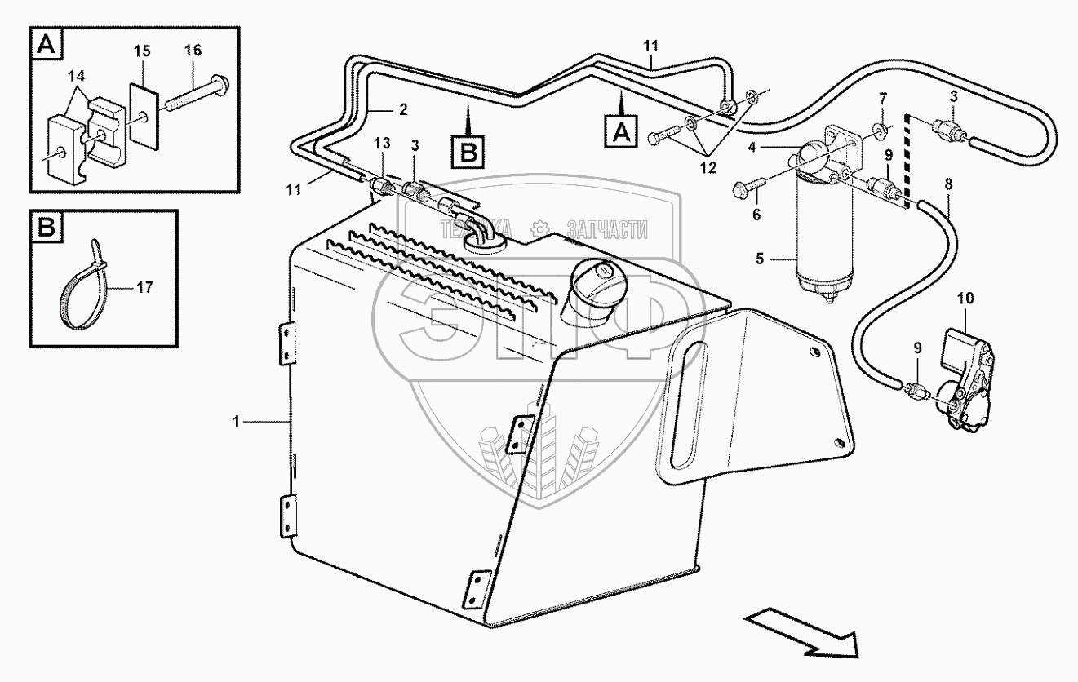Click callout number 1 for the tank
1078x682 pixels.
(237, 422)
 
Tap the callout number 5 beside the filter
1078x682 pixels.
(760, 260)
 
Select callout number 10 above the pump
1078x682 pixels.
(965, 299)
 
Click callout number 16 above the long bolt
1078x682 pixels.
(193, 51)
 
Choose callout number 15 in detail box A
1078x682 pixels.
(143, 51)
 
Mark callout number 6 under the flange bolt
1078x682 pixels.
(756, 215)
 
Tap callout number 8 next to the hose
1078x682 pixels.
(947, 185)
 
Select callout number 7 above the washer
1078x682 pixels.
(883, 100)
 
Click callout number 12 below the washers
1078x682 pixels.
(707, 169)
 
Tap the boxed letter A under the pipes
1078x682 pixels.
(620, 130)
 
